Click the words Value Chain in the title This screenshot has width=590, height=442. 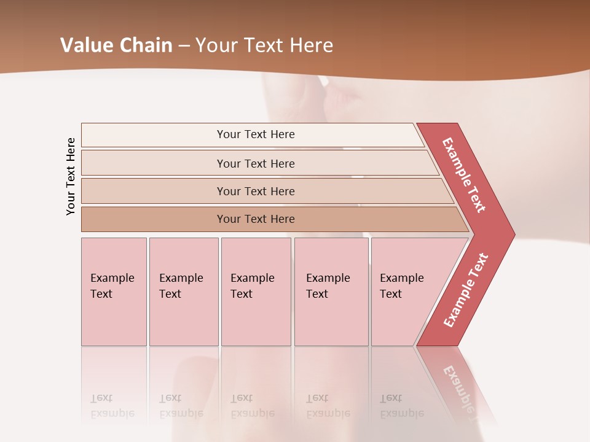[116, 45]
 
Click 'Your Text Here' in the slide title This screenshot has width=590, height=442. [264, 45]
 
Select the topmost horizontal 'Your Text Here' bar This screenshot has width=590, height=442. [256, 134]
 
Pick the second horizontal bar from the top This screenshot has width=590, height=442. [256, 163]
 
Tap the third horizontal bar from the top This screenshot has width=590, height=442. [256, 191]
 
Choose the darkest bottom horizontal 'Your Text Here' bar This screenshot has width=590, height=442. [256, 219]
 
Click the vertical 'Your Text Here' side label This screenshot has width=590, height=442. [71, 176]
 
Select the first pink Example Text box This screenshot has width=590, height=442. [114, 292]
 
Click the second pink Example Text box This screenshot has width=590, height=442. [183, 292]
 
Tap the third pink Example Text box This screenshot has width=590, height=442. [256, 292]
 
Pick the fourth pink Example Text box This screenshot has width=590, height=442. [331, 292]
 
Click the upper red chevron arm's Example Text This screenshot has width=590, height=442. [464, 175]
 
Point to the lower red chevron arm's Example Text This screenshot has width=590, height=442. [466, 290]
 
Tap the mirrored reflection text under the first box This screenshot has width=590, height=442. [112, 406]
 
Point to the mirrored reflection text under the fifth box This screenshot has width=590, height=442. [401, 406]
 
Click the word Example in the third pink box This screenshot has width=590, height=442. [252, 278]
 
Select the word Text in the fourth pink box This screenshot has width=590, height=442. [317, 294]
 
